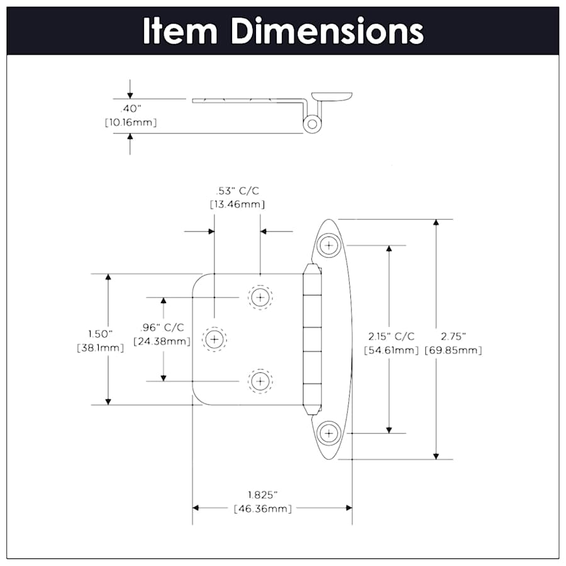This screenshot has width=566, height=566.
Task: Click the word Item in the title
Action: pos(180,31)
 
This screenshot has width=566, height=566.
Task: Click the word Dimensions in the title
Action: pos(326,31)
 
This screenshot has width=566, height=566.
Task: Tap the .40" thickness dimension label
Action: pos(130,108)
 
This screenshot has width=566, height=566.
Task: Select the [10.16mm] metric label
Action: pos(130,122)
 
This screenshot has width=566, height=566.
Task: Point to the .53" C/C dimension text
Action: pos(236,191)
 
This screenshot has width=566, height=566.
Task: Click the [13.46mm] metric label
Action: pos(236,204)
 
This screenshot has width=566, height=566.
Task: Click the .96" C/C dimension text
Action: pos(162,327)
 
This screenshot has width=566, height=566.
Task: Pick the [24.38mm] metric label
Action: pos(162,341)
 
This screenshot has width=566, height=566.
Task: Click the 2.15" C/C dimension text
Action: pos(391,336)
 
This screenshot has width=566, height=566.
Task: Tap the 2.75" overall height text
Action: pos(453,336)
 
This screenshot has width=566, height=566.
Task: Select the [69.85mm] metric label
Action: pos(453,350)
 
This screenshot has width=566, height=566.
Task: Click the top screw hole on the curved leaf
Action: pos(328,245)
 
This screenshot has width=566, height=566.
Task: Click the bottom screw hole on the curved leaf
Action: pos(328,433)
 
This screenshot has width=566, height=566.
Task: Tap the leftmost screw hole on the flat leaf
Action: pos(214,340)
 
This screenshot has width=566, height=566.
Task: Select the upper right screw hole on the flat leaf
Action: pos(260,296)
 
